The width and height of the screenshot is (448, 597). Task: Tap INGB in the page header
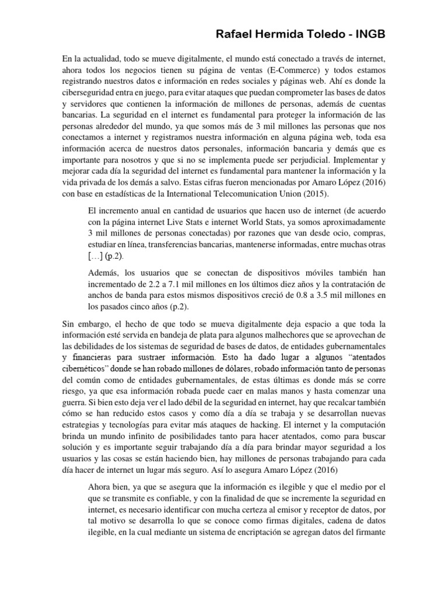368,35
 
